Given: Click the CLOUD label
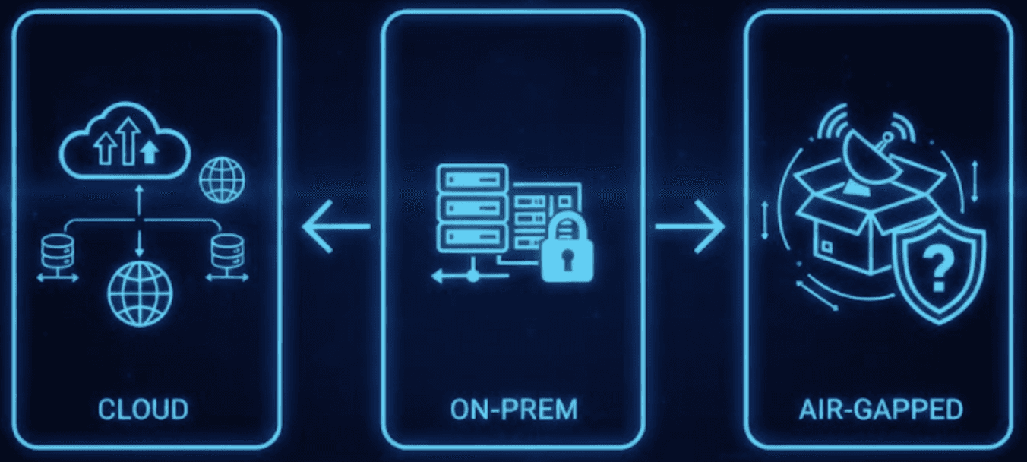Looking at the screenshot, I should (x=143, y=410).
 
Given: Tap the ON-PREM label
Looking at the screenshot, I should (x=513, y=410).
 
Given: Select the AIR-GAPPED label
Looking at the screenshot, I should (x=880, y=410).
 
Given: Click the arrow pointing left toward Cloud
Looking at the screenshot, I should (x=334, y=227).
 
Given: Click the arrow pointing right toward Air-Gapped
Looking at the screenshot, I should (x=690, y=227).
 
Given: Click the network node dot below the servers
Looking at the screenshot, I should (x=472, y=277).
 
